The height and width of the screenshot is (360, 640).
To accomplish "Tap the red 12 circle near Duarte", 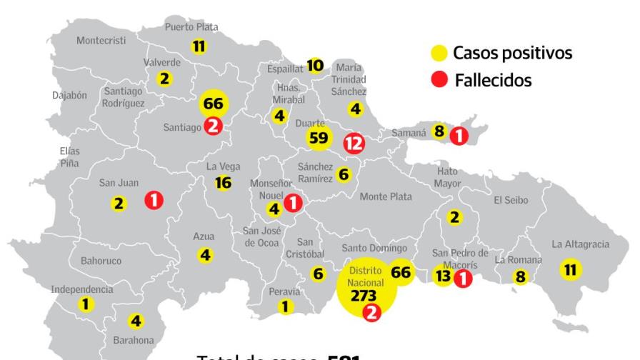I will tap(353, 143).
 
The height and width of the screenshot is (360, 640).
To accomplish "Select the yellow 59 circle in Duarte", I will tap(318, 138).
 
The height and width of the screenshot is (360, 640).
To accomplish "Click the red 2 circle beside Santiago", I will tap(213, 126).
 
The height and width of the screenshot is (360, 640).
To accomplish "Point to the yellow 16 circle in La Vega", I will tap(223, 183).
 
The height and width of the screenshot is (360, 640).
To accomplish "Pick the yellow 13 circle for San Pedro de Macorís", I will tap(443, 276).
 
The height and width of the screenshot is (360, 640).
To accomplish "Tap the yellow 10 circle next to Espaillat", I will tap(315, 66).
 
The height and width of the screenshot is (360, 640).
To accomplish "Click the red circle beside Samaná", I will tap(458, 134).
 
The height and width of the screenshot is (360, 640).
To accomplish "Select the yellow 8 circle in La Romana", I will tap(520, 276).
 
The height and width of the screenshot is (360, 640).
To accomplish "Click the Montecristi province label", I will tap(101, 41).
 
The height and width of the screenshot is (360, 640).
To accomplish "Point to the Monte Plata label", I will tap(386, 196).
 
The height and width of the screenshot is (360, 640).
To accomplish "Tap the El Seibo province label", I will tap(511, 201).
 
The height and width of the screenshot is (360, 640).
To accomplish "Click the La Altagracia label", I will tap(580, 245).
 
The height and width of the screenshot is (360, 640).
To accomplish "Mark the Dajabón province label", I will tap(69, 95).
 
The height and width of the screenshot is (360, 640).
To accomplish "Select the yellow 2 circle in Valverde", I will tap(165, 79).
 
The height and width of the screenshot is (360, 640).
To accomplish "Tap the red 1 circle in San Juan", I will tap(153, 201).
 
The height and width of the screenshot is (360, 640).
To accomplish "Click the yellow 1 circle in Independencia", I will tap(86, 304).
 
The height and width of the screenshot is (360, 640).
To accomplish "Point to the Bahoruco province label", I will tap(101, 261).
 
